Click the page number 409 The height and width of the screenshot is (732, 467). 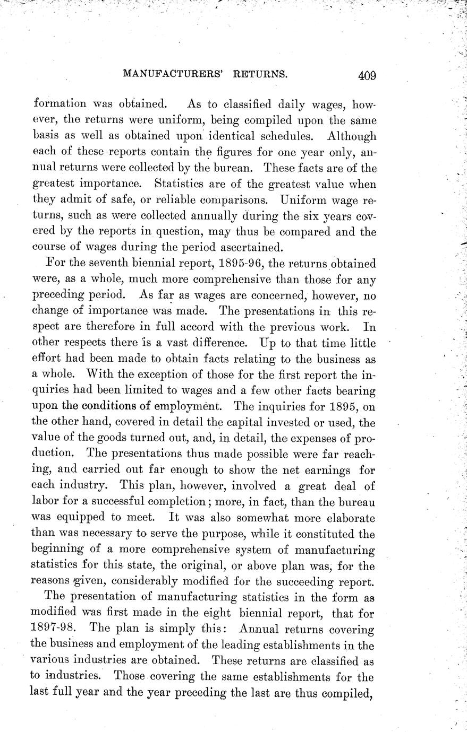tap(367, 75)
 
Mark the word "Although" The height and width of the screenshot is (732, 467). tap(351, 136)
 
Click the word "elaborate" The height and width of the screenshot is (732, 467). tap(349, 518)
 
